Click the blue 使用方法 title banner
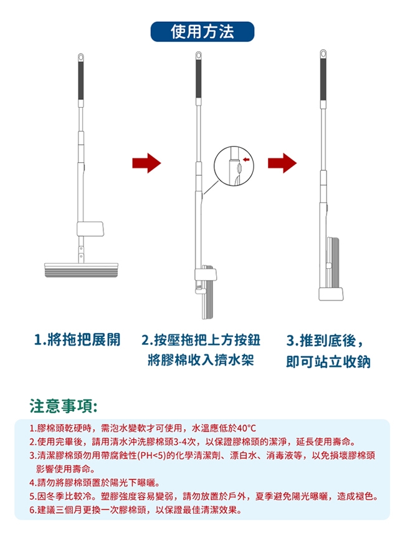[202, 31]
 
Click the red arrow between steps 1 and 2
[147, 163]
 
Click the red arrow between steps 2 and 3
[282, 163]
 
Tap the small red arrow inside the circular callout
[246, 159]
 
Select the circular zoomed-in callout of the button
[234, 166]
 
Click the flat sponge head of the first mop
[81, 270]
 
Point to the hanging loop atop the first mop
[81, 57]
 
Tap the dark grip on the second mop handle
[199, 79]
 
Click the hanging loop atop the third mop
[323, 54]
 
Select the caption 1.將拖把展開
[77, 340]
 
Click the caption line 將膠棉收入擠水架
[201, 360]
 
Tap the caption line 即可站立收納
[328, 362]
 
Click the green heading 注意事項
[63, 406]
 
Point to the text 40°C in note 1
[247, 428]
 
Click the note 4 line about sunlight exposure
[95, 483]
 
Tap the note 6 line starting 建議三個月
[136, 510]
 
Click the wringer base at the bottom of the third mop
[331, 294]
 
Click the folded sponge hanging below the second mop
[208, 299]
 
